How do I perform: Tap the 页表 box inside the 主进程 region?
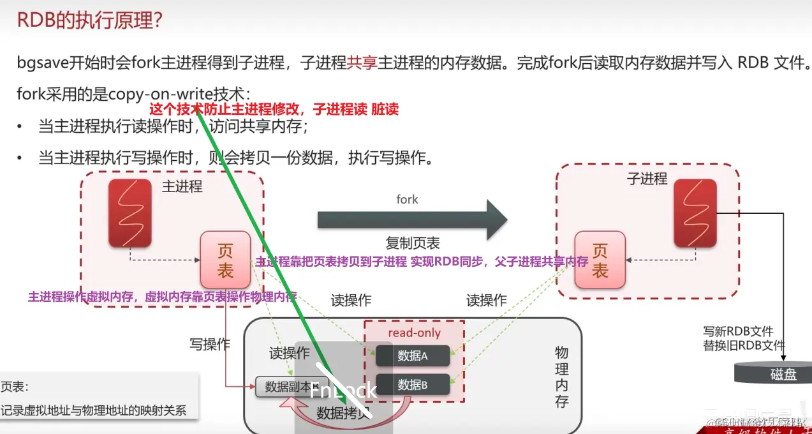click(225, 259)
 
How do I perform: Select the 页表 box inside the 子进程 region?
click(600, 260)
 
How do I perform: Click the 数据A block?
click(412, 356)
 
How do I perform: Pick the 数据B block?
click(412, 385)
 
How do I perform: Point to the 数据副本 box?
click(288, 387)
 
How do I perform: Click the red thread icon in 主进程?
click(129, 213)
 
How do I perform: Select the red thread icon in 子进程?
click(695, 213)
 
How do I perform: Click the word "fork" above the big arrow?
click(407, 199)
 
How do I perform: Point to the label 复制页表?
click(412, 243)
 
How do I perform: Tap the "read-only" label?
click(414, 333)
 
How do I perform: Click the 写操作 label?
click(209, 345)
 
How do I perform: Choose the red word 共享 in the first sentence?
click(362, 63)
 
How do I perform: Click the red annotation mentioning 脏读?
click(274, 110)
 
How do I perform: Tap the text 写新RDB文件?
click(738, 331)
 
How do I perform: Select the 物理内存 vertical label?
click(561, 377)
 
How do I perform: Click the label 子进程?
click(647, 178)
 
